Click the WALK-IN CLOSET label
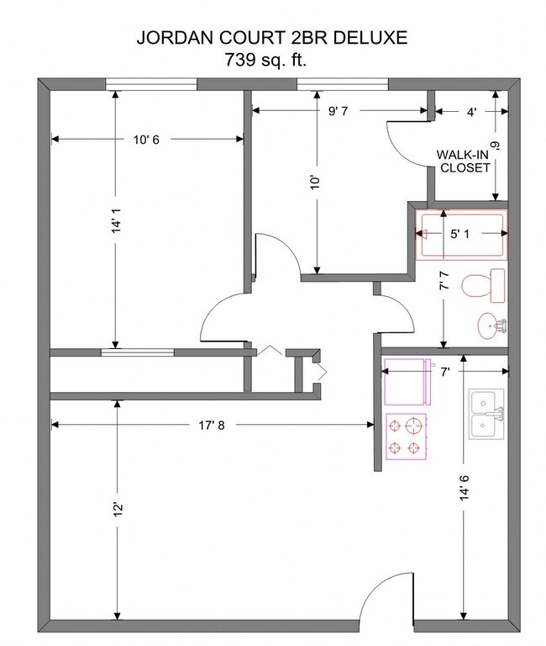point(463,161)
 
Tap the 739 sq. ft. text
point(265,60)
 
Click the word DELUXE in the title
point(370,38)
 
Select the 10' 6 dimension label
point(146,140)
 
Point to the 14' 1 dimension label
point(117,220)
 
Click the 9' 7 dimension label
point(338,111)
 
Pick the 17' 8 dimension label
point(212,425)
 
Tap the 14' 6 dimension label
point(465,488)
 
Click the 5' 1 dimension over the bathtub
point(459,234)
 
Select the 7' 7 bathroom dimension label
point(444,281)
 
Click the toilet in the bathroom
point(484,285)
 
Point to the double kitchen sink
point(486,414)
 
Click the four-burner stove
point(406,437)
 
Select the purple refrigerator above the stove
point(407,382)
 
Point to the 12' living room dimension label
point(118,509)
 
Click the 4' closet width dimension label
point(471,112)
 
